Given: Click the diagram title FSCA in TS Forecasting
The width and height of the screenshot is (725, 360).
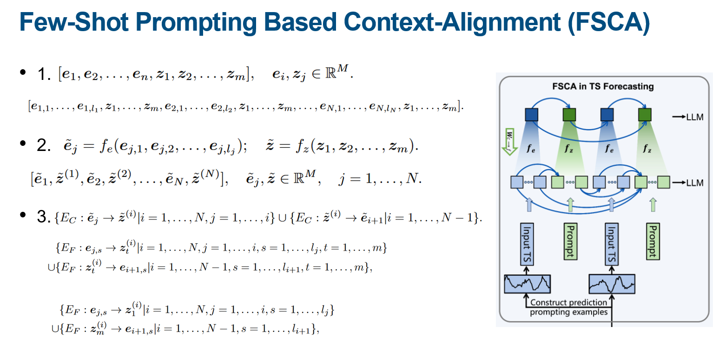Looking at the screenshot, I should coord(603,86).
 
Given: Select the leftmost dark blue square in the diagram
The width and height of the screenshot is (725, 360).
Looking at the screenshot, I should coord(531,115).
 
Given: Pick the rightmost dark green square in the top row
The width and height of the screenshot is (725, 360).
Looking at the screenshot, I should coord(645,115).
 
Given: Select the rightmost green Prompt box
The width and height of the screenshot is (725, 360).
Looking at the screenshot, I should coord(653,241).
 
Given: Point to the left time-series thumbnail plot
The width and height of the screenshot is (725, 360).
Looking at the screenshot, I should coord(527,283).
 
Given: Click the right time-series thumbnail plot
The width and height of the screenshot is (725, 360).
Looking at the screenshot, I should coord(611,283).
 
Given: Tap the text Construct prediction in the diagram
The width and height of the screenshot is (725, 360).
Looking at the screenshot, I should coord(568,302).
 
